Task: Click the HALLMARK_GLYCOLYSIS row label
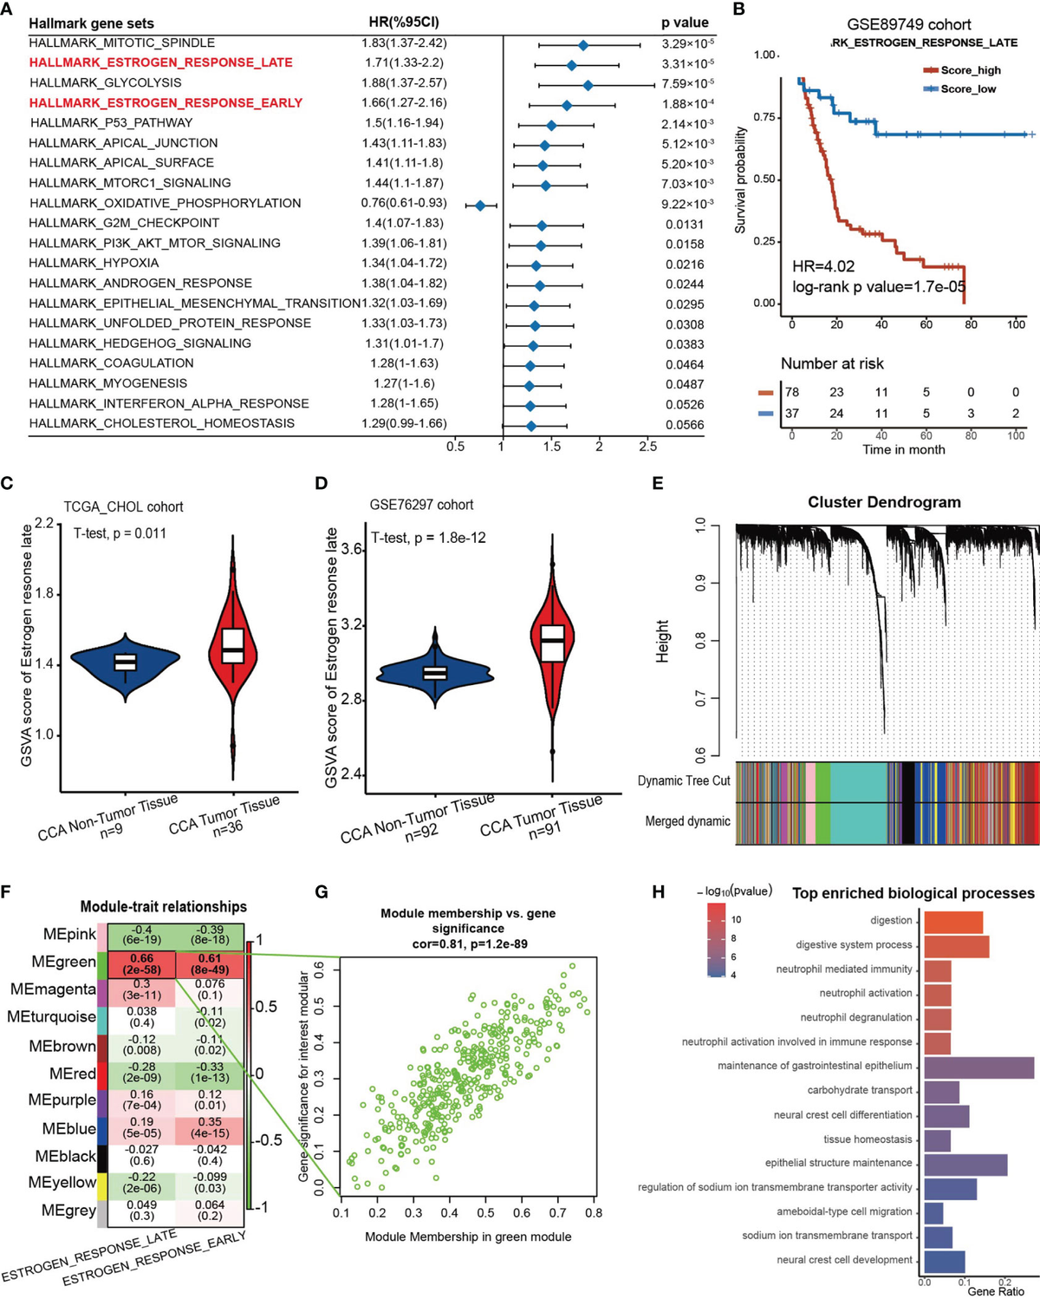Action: (106, 82)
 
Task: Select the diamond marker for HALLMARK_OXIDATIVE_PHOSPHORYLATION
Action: (480, 206)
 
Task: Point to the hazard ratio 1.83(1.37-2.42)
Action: (404, 42)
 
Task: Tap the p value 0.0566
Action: (685, 424)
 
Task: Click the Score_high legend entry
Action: (962, 70)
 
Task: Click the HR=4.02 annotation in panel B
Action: (823, 266)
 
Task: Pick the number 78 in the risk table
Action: (792, 392)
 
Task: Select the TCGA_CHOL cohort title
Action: (123, 506)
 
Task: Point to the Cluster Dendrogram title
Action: (884, 502)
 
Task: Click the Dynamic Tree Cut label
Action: (684, 780)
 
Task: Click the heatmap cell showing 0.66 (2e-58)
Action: (141, 963)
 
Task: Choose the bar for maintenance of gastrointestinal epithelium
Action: (978, 1067)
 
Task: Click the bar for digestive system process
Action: (956, 945)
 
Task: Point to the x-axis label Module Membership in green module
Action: (468, 1237)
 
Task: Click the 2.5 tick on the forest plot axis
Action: (647, 447)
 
